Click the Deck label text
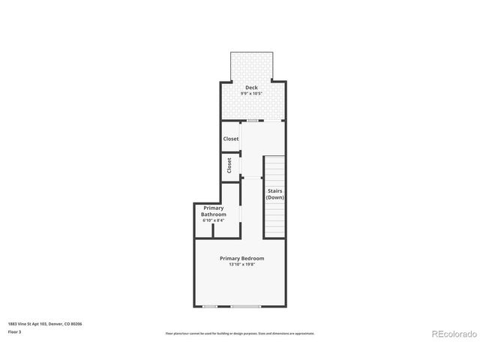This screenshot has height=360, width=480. (x=251, y=87)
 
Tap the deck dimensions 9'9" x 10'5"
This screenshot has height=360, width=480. (x=251, y=94)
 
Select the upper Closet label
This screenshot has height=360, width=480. (x=230, y=139)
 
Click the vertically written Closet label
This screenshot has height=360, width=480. (x=229, y=164)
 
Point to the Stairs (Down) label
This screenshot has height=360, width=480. (x=274, y=193)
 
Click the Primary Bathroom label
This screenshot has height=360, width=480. (x=213, y=211)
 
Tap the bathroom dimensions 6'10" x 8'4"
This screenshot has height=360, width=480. (x=213, y=220)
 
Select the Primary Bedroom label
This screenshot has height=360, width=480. (x=241, y=258)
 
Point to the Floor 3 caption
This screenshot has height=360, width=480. (x=15, y=331)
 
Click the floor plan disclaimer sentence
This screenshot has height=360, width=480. (x=240, y=333)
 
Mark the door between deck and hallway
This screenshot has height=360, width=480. (x=255, y=120)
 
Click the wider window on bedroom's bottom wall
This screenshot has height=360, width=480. (x=245, y=306)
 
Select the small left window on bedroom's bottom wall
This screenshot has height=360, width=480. (x=210, y=306)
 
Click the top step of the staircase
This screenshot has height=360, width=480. (x=274, y=160)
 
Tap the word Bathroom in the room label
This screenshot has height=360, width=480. (x=213, y=214)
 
